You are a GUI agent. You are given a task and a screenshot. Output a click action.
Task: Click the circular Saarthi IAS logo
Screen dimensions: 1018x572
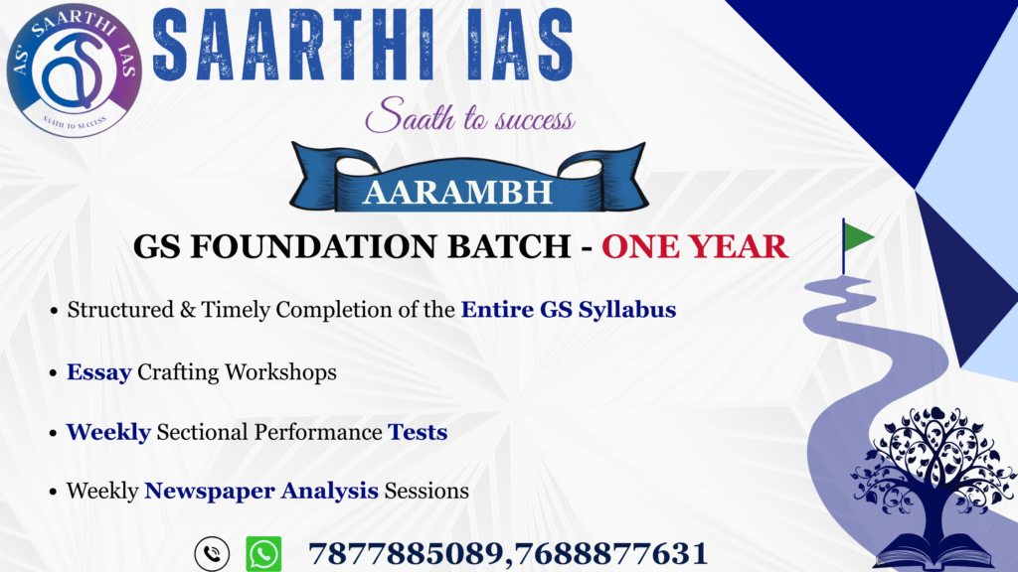(74, 71)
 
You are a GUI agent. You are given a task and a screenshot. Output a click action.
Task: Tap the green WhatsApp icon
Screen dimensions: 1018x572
(263, 554)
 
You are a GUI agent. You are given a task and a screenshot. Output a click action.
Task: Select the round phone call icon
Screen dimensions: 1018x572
(212, 554)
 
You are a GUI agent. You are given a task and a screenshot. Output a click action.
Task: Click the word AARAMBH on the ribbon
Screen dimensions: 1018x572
(457, 192)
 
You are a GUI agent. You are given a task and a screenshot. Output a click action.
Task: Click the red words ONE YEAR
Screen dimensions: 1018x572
(695, 246)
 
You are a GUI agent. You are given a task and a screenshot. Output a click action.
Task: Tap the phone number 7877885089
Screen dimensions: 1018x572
(406, 554)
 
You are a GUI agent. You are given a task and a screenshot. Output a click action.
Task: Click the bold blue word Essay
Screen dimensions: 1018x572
(99, 372)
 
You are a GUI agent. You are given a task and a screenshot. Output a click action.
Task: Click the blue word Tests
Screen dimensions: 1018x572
(418, 433)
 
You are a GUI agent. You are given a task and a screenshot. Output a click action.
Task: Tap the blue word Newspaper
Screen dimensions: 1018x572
(209, 492)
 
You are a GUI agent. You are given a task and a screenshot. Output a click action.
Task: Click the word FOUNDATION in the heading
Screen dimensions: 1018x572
(314, 246)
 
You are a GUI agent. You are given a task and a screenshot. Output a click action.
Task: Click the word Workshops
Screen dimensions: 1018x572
(280, 372)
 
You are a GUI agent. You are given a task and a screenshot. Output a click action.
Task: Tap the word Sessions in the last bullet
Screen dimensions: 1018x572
(426, 491)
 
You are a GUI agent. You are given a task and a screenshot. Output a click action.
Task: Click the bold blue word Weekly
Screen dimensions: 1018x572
(108, 433)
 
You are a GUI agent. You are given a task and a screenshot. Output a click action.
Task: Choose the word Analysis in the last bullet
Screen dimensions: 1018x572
(329, 492)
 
